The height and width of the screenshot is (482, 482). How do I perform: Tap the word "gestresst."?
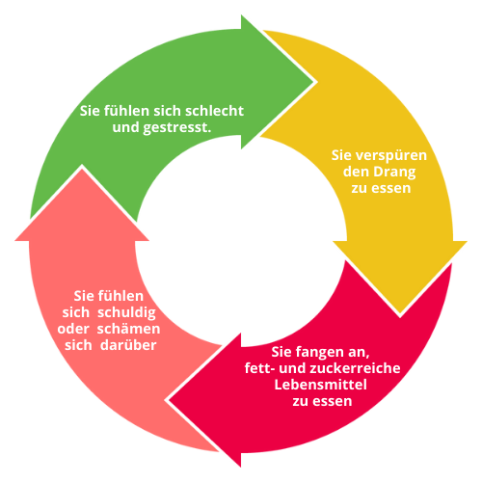pyautogui.click(x=177, y=128)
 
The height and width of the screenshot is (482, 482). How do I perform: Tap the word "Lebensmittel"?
pyautogui.click(x=320, y=385)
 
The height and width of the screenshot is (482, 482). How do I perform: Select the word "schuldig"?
pyautogui.click(x=126, y=313)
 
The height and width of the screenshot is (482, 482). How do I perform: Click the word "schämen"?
pyautogui.click(x=128, y=329)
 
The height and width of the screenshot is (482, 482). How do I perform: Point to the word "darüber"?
pyautogui.click(x=128, y=345)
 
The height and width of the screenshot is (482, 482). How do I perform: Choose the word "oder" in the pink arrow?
pyautogui.click(x=73, y=329)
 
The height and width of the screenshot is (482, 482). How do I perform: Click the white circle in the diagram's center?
pyautogui.click(x=241, y=241)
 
